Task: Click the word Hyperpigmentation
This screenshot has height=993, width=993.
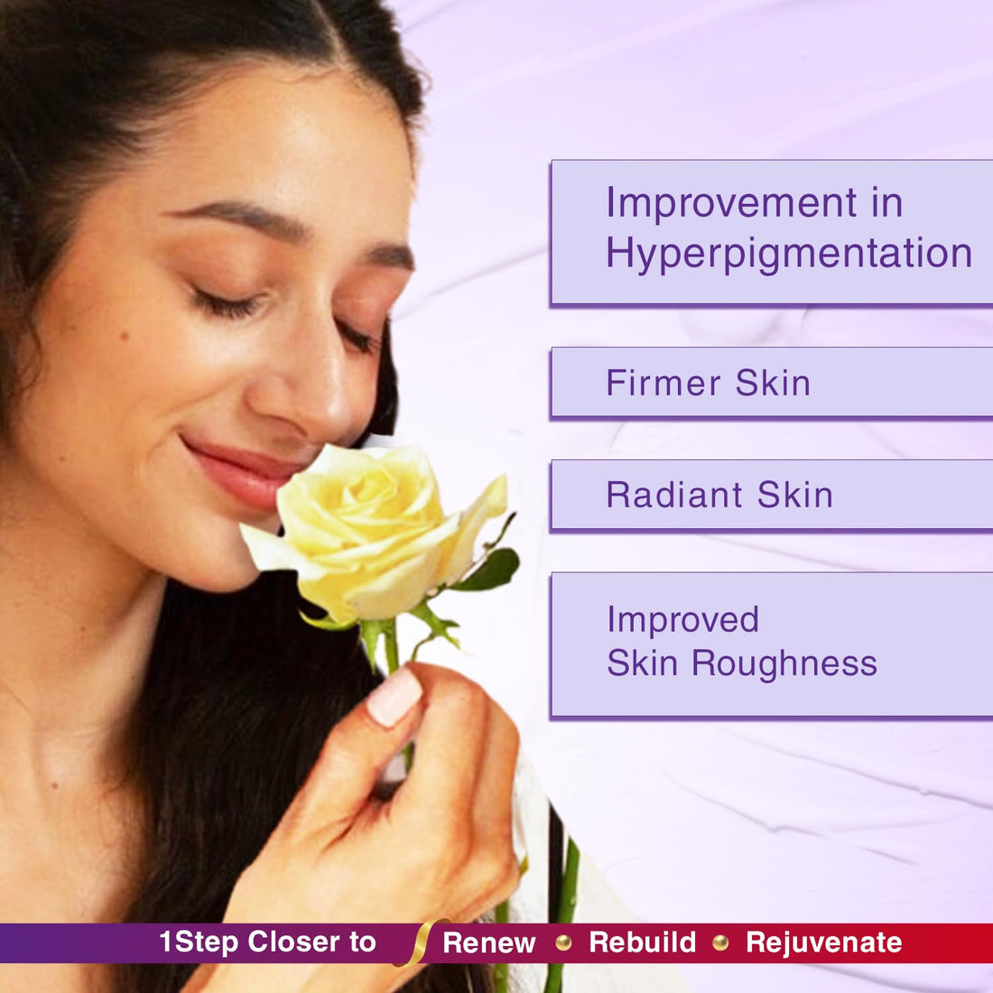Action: point(789,254)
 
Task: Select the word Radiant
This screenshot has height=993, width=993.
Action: point(674,495)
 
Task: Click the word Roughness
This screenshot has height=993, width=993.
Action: point(784,664)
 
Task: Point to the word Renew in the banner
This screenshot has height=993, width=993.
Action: point(489,942)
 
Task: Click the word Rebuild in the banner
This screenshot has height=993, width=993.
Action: point(642,942)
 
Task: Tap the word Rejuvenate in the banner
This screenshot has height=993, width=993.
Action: point(823,942)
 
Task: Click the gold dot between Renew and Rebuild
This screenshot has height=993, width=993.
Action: point(563,942)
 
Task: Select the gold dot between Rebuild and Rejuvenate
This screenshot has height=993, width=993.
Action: point(720,942)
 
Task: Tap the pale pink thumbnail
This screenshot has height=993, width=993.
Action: point(394,696)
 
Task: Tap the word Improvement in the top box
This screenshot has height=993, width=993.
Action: point(731,202)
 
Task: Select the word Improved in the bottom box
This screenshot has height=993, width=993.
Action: point(682,620)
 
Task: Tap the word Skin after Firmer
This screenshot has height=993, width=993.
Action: point(773,383)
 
